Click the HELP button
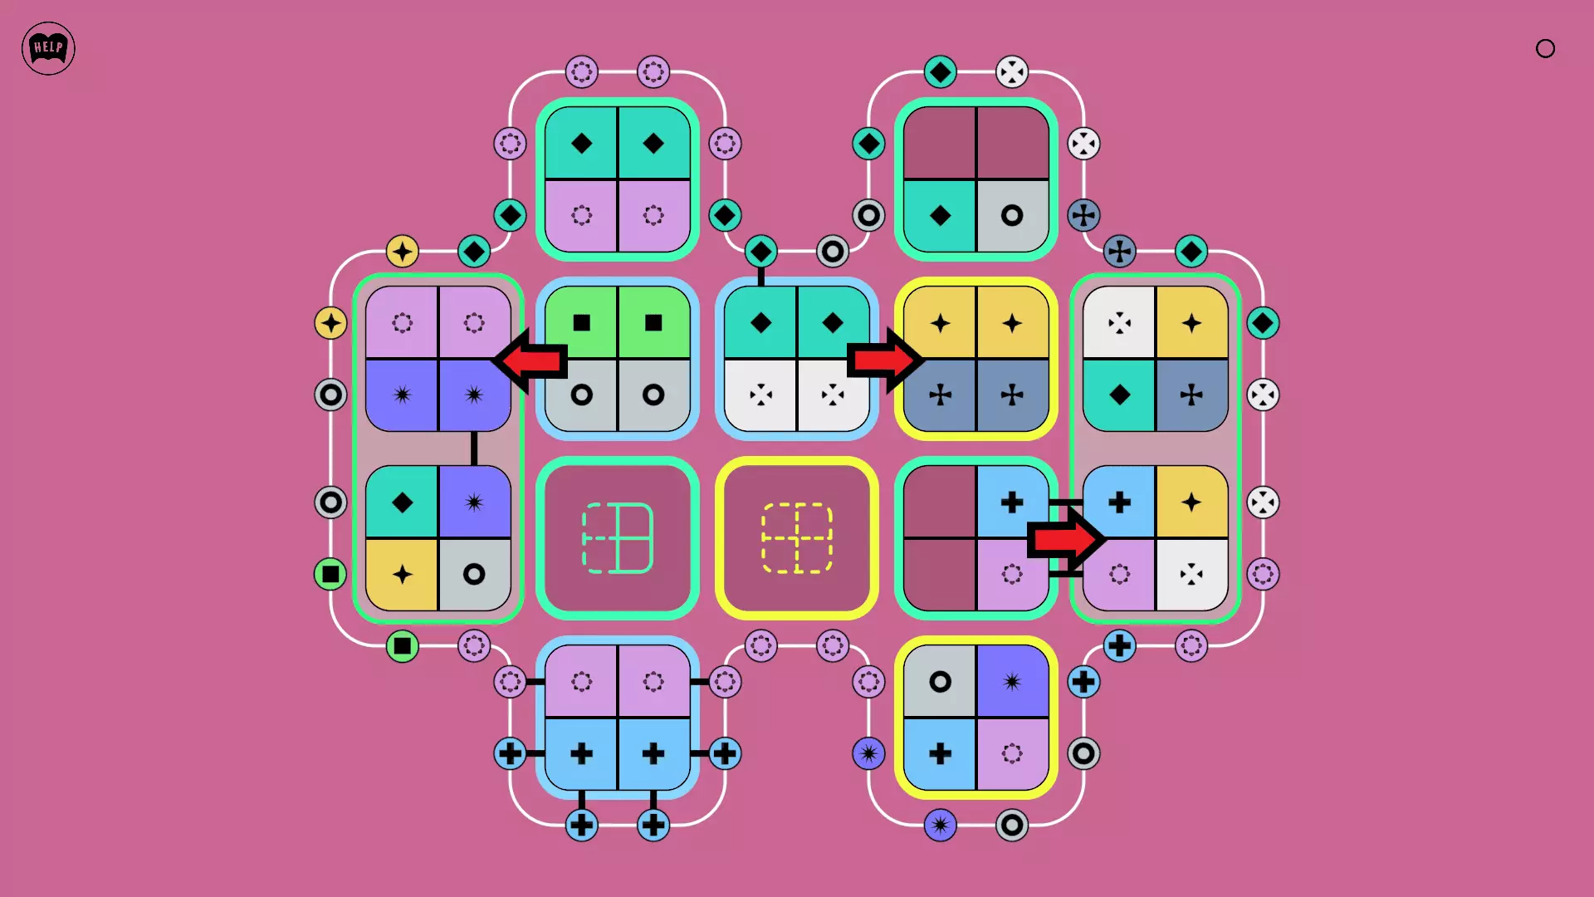48,48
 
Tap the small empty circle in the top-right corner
1545,48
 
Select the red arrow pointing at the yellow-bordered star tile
884,360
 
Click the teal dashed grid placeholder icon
618,538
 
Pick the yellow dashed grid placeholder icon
797,538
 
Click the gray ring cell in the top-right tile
1012,216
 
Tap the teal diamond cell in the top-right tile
940,216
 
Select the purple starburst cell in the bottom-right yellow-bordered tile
1012,682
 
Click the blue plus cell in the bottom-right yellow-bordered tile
940,754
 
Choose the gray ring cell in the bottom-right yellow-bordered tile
940,682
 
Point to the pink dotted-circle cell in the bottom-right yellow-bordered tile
1012,754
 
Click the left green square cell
581,323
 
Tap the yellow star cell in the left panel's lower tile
402,575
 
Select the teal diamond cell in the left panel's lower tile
402,502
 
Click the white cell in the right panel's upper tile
1119,323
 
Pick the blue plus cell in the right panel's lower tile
1119,502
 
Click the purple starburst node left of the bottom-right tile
868,754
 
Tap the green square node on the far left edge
330,574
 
